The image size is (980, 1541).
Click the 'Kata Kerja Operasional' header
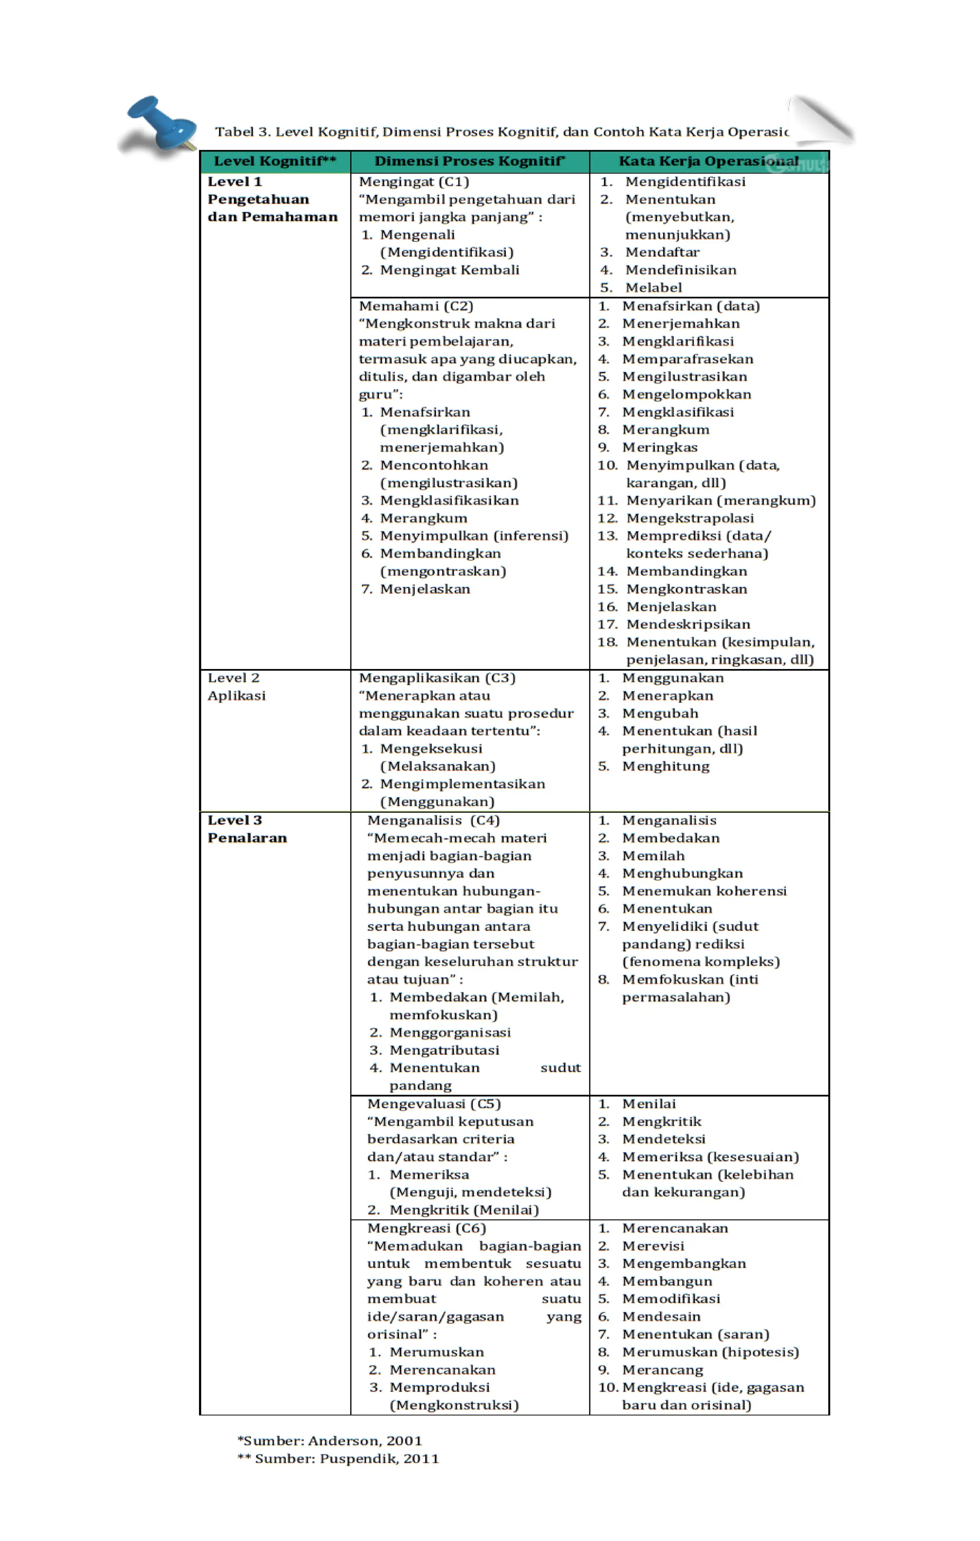[708, 161]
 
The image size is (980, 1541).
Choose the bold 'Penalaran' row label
[247, 838]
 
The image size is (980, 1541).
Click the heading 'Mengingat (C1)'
[414, 182]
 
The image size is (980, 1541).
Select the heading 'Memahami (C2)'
[416, 306]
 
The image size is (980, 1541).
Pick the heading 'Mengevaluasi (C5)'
[434, 1104]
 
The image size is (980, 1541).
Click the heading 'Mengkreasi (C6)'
[426, 1229]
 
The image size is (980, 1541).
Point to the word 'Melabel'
[653, 288]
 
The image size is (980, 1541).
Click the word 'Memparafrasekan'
[688, 360]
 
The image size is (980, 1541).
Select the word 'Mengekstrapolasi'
[690, 518]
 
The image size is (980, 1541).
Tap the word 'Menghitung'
[666, 767]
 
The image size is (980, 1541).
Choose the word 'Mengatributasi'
[445, 1050]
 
